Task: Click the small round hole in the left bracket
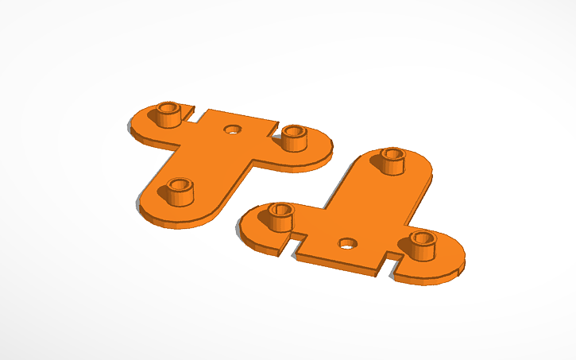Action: pos(232,129)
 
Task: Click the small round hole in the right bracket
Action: pos(346,243)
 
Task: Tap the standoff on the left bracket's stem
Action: pos(180,191)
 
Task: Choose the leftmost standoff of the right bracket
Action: pos(280,216)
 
